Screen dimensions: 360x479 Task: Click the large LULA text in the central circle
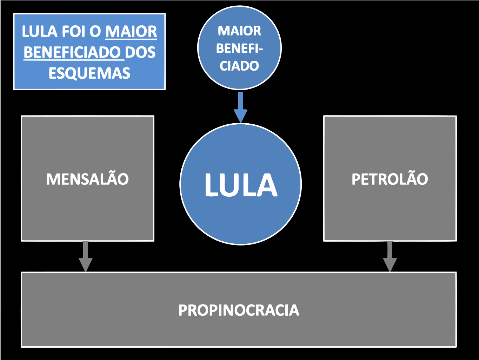(x=241, y=185)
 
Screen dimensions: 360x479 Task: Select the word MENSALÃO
(x=87, y=179)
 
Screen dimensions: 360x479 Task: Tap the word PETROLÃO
(x=390, y=179)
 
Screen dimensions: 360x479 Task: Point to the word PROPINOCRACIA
(x=239, y=310)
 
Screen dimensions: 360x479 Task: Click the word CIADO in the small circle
(x=239, y=66)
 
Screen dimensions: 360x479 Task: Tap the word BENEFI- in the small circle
(x=239, y=48)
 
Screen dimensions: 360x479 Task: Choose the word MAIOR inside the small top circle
(x=239, y=31)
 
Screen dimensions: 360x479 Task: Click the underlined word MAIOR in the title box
(x=131, y=32)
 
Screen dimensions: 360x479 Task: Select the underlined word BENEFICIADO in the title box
(x=72, y=53)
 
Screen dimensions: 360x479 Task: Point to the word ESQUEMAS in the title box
(x=89, y=73)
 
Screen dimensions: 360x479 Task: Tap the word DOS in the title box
(x=140, y=53)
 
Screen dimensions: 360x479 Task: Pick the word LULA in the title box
(x=40, y=32)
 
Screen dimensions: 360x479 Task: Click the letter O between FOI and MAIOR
(x=95, y=32)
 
